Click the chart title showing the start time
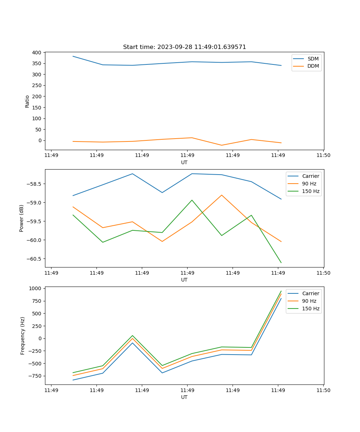pos(184,47)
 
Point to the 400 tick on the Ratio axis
pos(36,53)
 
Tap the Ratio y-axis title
pos(27,102)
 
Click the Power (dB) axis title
pos(22,218)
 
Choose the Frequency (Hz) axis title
pos(22,336)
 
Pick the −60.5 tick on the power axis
pos(34,259)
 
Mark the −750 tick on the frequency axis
pos(35,376)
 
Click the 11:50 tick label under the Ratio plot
pos(323,156)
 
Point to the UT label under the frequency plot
pos(184,397)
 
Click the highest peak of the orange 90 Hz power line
pos(222,195)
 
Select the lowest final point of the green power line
pos(281,263)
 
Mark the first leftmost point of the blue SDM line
pos(73,56)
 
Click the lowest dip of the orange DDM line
pos(221,145)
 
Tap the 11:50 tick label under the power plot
pos(323,273)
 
